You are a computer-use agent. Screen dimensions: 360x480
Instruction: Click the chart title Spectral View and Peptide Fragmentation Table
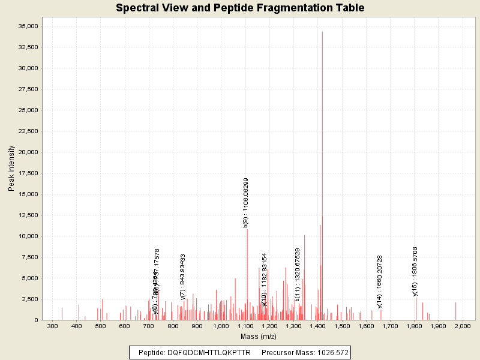point(240,8)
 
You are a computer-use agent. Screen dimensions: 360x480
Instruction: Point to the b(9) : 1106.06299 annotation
point(246,203)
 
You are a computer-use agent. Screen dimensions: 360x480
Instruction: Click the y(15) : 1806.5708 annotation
point(415,271)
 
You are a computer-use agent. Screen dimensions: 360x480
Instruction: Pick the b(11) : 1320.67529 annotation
point(297,274)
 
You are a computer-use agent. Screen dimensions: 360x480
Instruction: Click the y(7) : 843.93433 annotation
point(183,277)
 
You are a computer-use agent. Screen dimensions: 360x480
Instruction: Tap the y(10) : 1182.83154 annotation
point(264,280)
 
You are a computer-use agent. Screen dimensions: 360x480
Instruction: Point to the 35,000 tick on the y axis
point(26,26)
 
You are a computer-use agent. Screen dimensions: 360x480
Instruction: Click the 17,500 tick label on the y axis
point(26,173)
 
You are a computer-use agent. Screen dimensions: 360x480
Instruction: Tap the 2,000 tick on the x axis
point(463,326)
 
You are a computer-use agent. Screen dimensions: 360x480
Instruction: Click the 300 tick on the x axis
point(52,326)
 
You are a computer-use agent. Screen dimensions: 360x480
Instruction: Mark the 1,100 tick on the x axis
point(245,326)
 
